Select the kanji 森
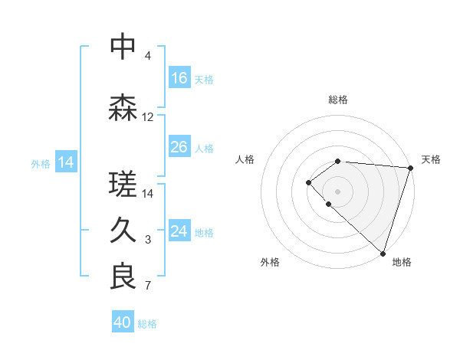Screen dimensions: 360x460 [x=123, y=108]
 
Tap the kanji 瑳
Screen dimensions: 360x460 [x=123, y=184]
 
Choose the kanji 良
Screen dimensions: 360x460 [x=123, y=277]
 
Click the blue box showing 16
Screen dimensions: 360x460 [x=179, y=78]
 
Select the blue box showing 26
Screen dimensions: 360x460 [x=179, y=147]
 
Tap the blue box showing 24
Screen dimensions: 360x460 [x=179, y=231]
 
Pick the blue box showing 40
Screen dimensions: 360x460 [x=123, y=322]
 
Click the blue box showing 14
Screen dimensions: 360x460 [x=66, y=162]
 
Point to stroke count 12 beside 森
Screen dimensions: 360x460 [x=148, y=117]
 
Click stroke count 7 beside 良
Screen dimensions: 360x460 [x=148, y=286]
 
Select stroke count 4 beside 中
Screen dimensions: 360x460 [x=148, y=56]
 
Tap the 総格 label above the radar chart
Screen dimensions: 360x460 [x=337, y=100]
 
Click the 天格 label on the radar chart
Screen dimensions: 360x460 [x=431, y=159]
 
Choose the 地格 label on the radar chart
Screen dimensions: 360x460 [x=402, y=262]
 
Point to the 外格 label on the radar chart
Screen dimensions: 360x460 [x=270, y=262]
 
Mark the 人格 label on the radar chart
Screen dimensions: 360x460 [x=245, y=159]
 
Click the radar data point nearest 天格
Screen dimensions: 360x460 [x=410, y=168]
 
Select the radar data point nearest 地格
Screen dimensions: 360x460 [x=383, y=253]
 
